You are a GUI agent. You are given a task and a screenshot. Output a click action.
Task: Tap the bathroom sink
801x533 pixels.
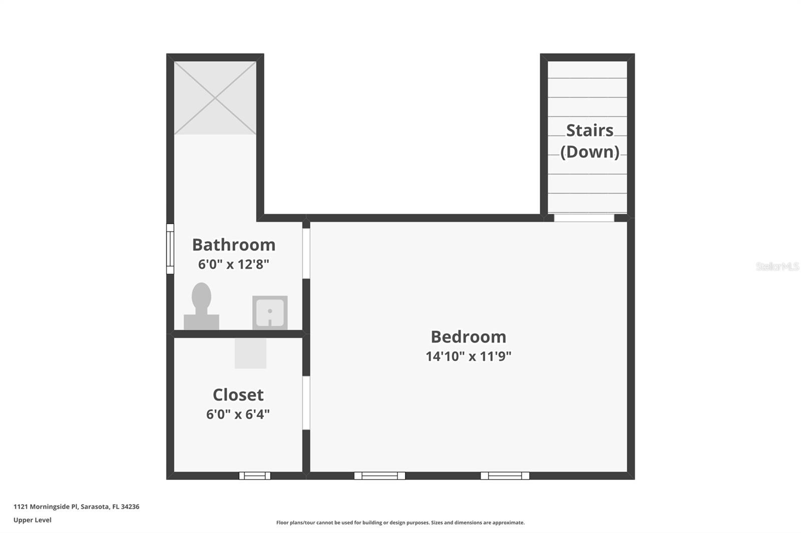tap(270, 312)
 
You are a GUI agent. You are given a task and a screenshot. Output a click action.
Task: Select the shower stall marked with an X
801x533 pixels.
tap(215, 98)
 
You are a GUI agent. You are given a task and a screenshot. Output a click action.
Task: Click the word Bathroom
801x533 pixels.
tap(234, 244)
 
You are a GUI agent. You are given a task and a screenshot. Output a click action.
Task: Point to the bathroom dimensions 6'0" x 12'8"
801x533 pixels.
tap(234, 264)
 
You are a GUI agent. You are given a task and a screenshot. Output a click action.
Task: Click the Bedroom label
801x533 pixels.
tap(468, 336)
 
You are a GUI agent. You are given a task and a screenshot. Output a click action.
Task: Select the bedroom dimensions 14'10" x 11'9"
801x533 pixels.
tap(468, 356)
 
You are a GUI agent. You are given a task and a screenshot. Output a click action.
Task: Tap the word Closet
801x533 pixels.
tap(238, 394)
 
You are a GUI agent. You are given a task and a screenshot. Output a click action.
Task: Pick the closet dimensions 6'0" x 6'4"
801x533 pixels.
tap(238, 414)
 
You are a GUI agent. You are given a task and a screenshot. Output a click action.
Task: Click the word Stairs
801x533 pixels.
tap(589, 130)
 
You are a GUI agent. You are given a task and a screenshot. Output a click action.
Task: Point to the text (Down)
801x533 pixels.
tap(589, 151)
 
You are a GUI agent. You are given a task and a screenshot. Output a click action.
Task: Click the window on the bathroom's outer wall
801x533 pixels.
tap(170, 248)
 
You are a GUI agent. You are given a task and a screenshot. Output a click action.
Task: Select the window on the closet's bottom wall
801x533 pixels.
tap(254, 475)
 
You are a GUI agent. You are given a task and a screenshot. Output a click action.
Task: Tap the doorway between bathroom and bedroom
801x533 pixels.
tap(306, 252)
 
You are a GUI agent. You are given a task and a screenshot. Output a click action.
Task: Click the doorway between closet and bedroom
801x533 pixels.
tap(306, 402)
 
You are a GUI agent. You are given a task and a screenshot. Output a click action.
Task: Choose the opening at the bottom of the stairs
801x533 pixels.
tap(584, 217)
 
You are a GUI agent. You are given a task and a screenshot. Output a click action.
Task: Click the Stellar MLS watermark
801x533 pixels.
tap(777, 266)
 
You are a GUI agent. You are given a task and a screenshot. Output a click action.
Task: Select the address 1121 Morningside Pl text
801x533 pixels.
tap(76, 506)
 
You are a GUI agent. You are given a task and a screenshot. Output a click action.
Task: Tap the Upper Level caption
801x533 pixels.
tap(33, 520)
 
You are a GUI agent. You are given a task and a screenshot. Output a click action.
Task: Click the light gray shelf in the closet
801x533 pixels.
tap(250, 353)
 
